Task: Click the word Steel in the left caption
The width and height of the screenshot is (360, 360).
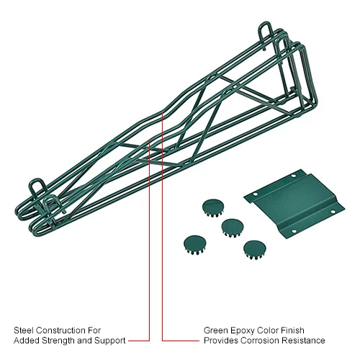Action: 24,330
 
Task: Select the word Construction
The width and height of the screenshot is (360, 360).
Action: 60,330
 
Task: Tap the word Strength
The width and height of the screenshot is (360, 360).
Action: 58,341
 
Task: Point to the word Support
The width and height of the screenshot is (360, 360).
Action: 110,341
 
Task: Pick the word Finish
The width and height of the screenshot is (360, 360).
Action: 293,330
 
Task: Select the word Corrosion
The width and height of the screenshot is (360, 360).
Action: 260,341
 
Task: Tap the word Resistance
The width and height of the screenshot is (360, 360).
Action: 303,341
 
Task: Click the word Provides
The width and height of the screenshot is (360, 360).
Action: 221,341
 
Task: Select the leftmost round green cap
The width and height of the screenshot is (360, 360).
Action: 195,245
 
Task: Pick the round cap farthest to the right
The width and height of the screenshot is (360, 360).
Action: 255,250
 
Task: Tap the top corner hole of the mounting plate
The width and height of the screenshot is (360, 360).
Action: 293,176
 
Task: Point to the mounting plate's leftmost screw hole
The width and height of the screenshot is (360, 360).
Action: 256,194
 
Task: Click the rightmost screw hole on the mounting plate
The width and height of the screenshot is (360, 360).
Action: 333,212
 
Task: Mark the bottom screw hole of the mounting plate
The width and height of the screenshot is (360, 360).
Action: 294,231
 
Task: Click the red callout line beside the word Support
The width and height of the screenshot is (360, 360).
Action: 149,240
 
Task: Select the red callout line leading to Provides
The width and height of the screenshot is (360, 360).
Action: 162,227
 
